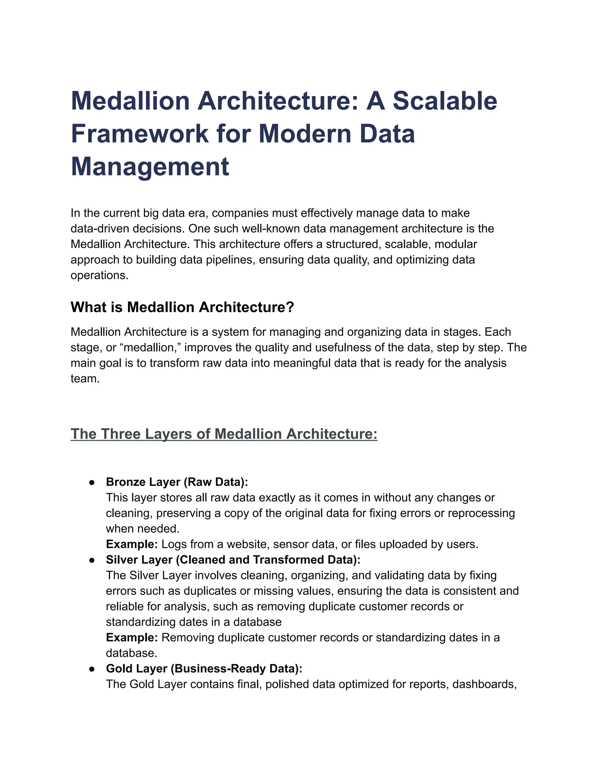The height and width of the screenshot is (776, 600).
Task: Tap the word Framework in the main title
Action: pos(140,134)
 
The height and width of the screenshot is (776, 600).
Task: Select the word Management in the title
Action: pos(150,166)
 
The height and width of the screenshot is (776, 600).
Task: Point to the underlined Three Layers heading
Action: pos(224,434)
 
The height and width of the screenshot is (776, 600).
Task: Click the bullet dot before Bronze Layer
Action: pos(92,482)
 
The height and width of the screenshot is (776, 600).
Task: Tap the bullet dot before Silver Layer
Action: pos(92,560)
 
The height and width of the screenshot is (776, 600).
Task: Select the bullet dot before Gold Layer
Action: pos(92,669)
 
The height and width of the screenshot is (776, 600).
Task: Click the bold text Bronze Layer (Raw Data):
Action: pos(177,482)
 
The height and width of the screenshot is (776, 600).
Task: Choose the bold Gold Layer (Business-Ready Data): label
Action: pos(204,669)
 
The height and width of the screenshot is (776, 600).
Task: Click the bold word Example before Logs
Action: pos(132,544)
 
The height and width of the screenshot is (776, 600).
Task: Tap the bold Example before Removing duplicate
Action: pos(132,637)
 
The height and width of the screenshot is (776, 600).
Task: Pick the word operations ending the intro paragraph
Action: pos(99,275)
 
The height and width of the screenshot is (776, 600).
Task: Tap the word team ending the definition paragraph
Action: pos(85,379)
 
